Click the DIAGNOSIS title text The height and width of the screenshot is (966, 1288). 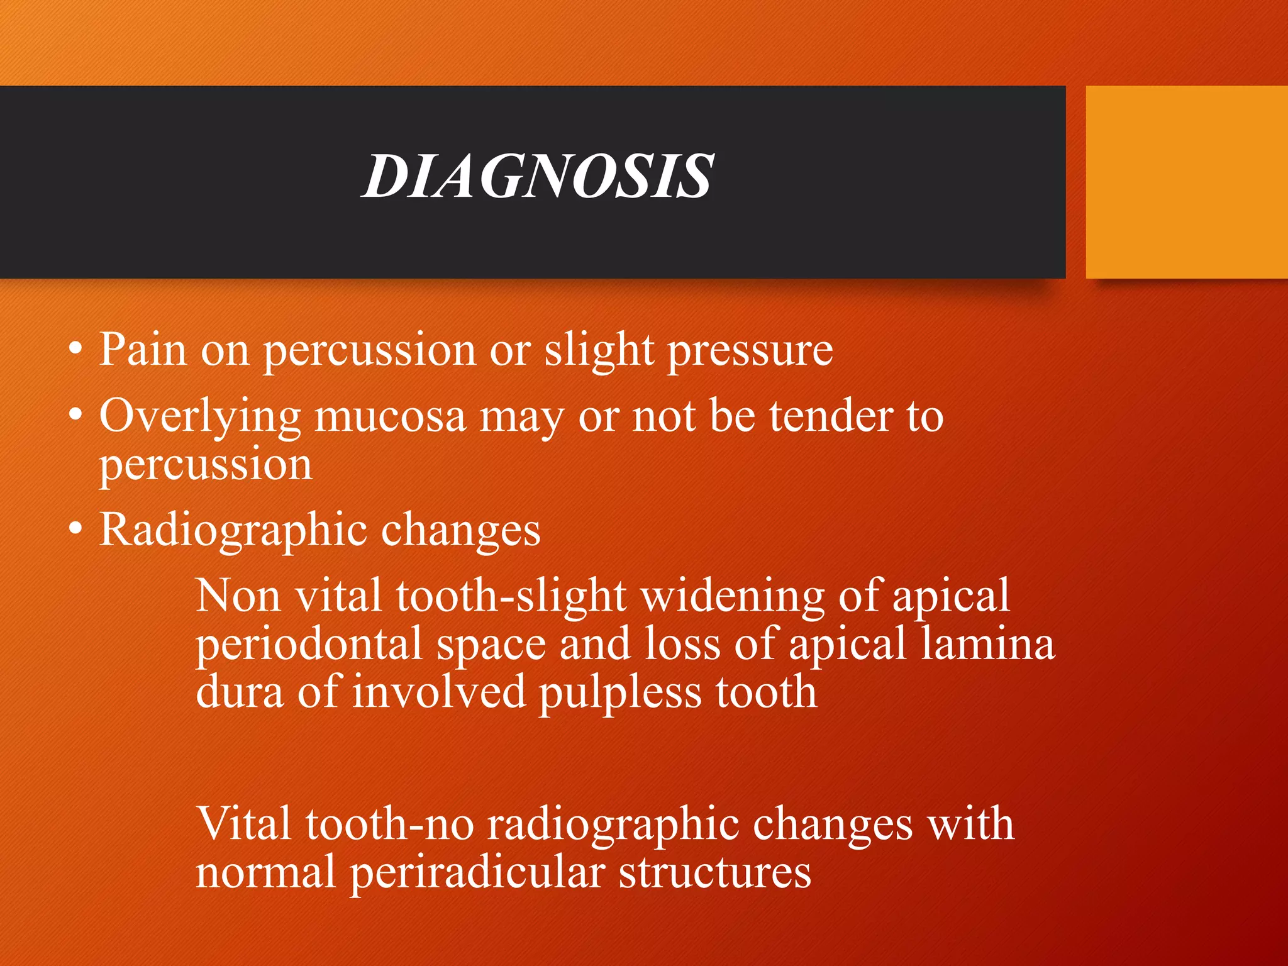click(538, 177)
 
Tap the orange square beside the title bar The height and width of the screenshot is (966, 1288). click(1186, 182)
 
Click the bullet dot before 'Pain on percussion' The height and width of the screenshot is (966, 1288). click(75, 350)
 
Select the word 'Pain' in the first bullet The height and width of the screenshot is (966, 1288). click(143, 350)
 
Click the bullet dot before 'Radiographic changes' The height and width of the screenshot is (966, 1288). click(75, 530)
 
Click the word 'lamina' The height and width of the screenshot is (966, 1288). click(987, 644)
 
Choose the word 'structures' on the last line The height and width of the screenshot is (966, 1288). click(714, 873)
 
